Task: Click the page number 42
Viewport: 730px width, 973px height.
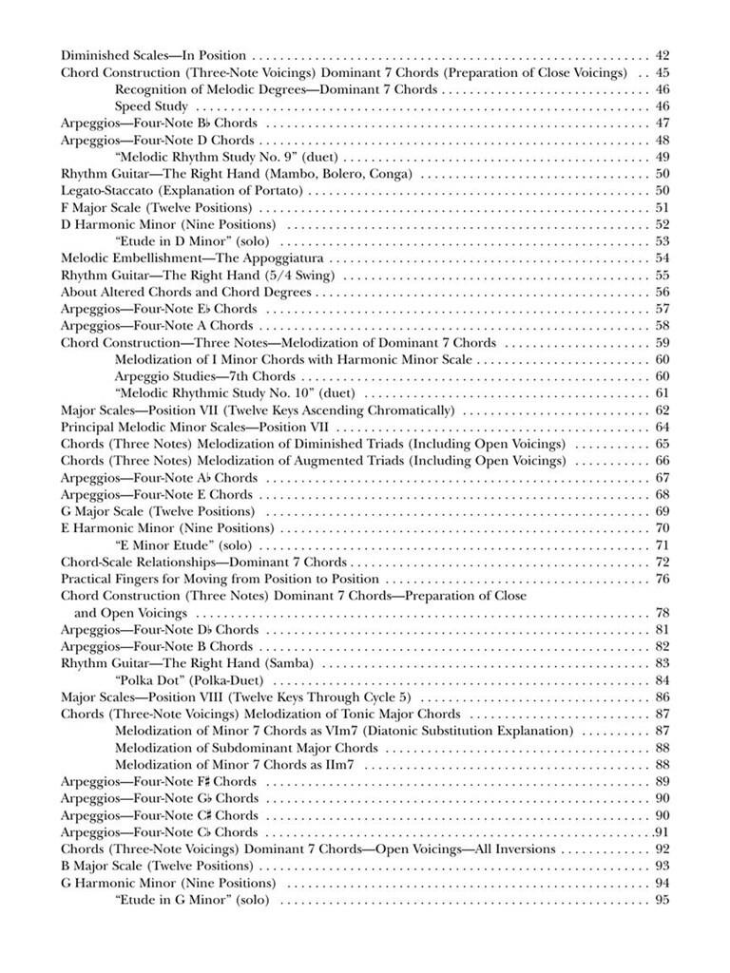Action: pos(663,55)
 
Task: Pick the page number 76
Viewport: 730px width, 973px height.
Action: pos(663,579)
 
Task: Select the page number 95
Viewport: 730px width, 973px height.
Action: pos(663,900)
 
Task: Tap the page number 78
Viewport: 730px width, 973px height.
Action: pos(663,613)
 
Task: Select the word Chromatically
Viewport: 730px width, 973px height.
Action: pos(410,410)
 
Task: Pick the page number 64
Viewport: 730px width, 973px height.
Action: pos(663,427)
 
